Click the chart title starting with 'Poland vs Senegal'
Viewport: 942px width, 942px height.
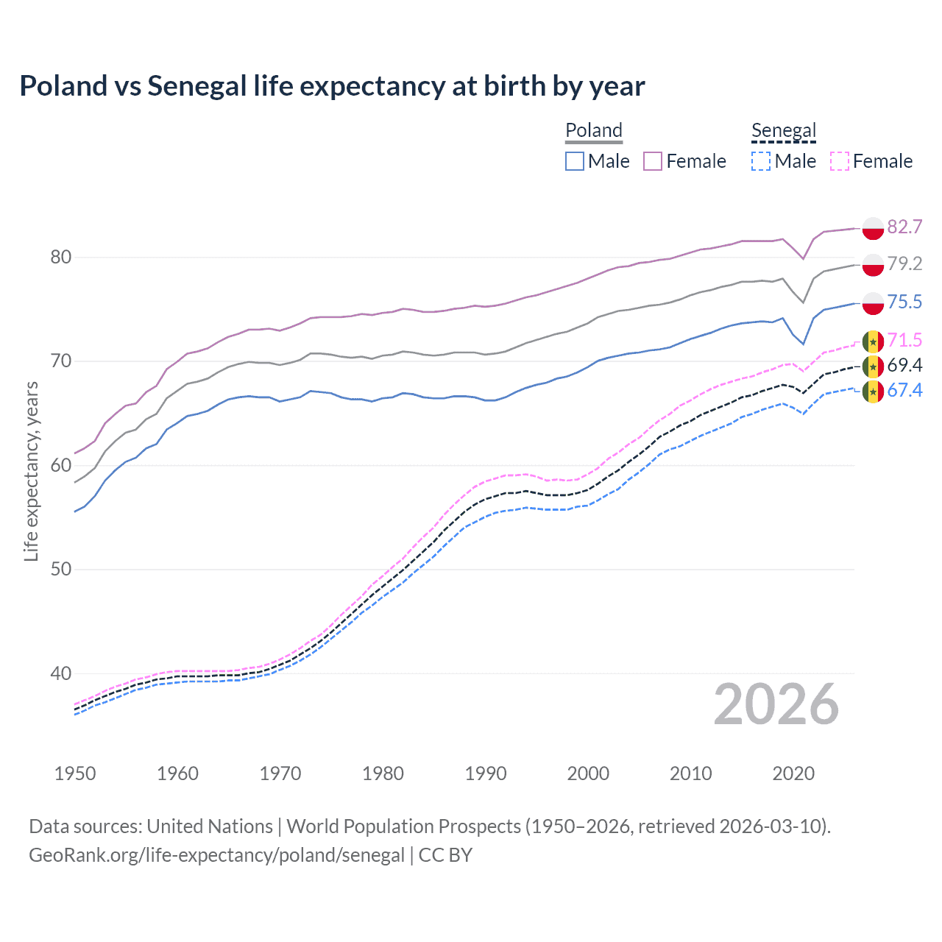point(332,86)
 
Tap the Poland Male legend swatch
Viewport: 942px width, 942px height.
point(575,161)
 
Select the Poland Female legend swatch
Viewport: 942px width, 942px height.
point(653,161)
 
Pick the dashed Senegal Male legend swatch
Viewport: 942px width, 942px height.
point(761,161)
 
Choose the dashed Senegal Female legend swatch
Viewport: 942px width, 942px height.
point(839,161)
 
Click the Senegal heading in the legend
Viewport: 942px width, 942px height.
point(784,131)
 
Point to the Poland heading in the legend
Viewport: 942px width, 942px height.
point(594,130)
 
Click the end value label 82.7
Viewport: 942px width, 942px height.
point(904,227)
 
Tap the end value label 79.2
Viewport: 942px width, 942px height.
point(904,263)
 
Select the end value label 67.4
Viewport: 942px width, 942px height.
point(904,390)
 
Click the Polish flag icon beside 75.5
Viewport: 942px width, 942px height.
point(873,302)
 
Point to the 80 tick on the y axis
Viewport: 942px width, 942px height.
point(61,257)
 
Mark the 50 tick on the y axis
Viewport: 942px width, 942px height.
point(61,569)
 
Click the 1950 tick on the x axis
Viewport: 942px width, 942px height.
point(75,773)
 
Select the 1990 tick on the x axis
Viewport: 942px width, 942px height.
point(486,773)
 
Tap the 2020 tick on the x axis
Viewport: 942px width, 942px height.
point(793,773)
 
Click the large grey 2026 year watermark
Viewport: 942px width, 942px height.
point(776,704)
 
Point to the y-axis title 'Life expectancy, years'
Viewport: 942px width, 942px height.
point(31,471)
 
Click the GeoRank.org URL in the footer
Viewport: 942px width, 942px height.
point(216,855)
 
